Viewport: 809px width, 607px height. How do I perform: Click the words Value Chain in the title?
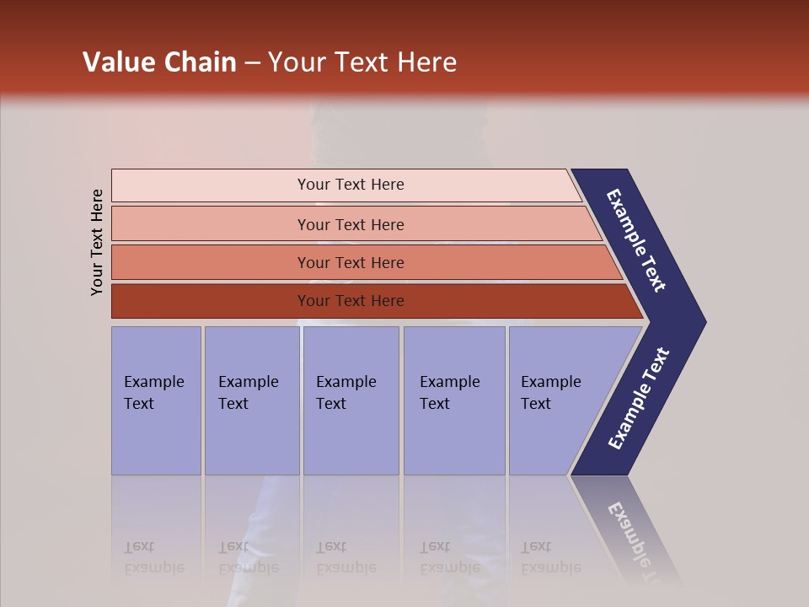click(x=159, y=62)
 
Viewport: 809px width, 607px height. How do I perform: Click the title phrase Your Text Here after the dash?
click(x=362, y=62)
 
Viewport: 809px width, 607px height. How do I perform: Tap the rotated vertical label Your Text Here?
click(x=97, y=242)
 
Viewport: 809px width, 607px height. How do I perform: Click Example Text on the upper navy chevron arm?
click(x=637, y=240)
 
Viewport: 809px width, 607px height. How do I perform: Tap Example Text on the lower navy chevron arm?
click(x=639, y=399)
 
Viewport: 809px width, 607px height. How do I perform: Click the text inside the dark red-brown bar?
click(x=351, y=301)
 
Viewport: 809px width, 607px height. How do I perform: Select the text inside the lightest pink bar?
click(x=351, y=185)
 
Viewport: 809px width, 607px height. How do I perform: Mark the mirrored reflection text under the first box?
click(x=153, y=557)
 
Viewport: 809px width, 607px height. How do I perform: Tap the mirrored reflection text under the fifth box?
click(x=550, y=557)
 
